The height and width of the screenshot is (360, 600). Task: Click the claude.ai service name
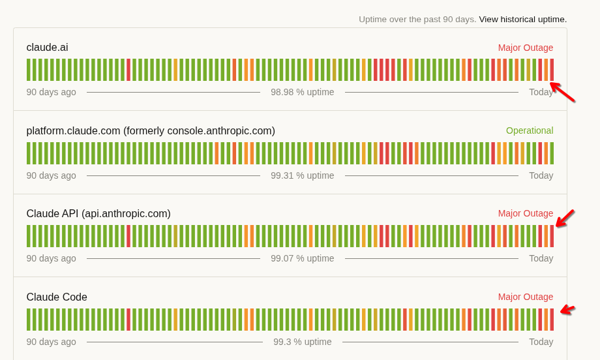point(47,48)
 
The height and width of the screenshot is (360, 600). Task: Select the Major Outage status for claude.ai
point(526,48)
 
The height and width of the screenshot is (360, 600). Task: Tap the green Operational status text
point(530,131)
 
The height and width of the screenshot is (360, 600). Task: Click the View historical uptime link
point(522,20)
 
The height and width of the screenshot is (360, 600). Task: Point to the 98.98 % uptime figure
point(303,92)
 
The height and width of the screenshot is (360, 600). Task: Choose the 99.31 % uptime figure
point(303,175)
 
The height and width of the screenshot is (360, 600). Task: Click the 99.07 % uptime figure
point(303,259)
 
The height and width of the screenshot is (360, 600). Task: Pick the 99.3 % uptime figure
point(303,342)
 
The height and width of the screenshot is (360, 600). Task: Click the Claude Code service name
point(57,297)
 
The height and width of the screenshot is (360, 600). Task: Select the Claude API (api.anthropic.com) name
point(98,213)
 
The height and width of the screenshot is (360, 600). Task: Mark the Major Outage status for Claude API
point(526,213)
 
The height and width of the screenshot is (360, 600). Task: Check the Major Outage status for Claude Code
point(526,297)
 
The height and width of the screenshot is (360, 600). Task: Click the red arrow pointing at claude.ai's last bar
point(562,92)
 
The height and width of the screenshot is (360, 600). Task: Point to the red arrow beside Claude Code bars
point(567,310)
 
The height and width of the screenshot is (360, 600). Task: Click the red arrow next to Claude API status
point(565,218)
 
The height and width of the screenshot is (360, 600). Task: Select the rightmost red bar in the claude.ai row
point(552,70)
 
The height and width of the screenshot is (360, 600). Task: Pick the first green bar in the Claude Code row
point(28,320)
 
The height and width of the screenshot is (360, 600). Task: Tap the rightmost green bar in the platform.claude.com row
point(552,153)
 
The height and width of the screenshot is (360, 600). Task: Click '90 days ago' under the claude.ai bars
point(52,92)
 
